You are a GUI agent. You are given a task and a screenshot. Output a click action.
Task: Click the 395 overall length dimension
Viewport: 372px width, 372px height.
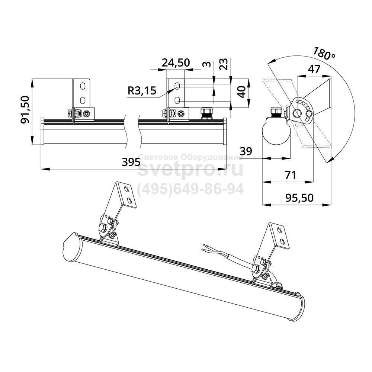(x=131, y=162)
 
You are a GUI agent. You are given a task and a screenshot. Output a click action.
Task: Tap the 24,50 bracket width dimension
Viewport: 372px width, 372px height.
(x=176, y=62)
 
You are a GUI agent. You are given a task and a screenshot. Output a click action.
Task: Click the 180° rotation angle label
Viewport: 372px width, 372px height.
(x=324, y=54)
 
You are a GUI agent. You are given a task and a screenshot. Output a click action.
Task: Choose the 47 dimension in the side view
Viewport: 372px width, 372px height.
(x=314, y=69)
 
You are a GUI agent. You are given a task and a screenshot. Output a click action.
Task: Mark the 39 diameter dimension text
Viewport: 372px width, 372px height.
(x=246, y=151)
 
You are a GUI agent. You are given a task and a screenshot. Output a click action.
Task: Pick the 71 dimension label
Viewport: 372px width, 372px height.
(x=291, y=175)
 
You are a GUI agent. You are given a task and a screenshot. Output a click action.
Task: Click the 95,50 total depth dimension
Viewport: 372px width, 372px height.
(x=299, y=198)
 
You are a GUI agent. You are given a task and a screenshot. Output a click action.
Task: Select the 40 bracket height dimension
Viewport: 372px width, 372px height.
(x=241, y=92)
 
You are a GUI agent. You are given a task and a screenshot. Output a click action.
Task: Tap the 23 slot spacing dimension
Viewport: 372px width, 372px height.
(x=224, y=64)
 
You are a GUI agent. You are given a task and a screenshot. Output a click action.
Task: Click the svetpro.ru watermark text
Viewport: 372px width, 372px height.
(x=190, y=169)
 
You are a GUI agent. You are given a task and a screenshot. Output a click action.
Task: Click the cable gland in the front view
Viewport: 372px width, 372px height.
(x=206, y=113)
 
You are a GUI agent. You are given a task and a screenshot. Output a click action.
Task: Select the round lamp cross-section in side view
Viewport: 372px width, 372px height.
(x=276, y=131)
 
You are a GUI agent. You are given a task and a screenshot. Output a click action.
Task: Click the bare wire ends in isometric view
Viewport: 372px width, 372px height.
(x=205, y=247)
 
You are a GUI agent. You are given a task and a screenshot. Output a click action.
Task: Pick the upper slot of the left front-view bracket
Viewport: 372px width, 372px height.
(x=83, y=86)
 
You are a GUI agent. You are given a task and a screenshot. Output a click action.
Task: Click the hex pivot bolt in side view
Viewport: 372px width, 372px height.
(x=296, y=113)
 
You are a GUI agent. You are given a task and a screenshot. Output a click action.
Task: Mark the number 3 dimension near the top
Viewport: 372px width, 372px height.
(x=207, y=64)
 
